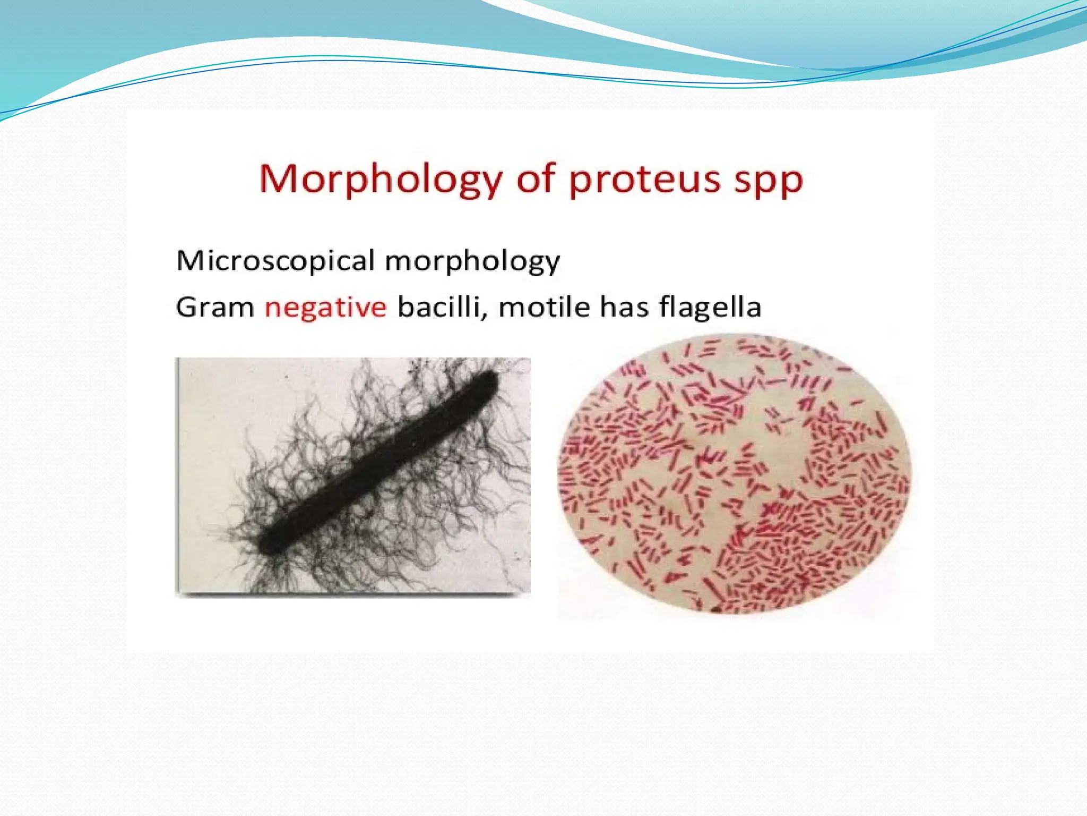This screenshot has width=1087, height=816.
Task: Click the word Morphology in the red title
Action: (379, 180)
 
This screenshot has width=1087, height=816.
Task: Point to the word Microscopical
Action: (275, 261)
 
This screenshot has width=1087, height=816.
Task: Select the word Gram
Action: (215, 307)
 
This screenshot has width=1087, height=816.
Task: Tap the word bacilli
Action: (438, 307)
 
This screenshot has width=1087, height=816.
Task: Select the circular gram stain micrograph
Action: (734, 475)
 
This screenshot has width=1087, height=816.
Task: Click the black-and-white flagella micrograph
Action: (353, 475)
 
